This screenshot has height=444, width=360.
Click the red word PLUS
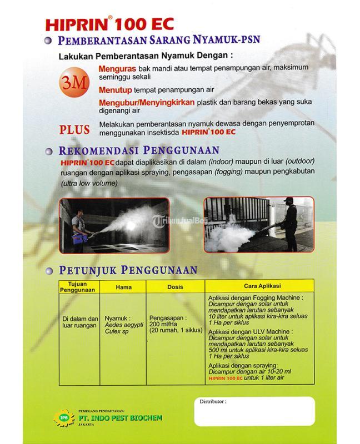tap(74, 130)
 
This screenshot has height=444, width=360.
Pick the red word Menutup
tap(115, 89)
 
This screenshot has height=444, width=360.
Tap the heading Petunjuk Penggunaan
tap(128, 270)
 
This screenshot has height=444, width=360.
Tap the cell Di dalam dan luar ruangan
tap(79, 321)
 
